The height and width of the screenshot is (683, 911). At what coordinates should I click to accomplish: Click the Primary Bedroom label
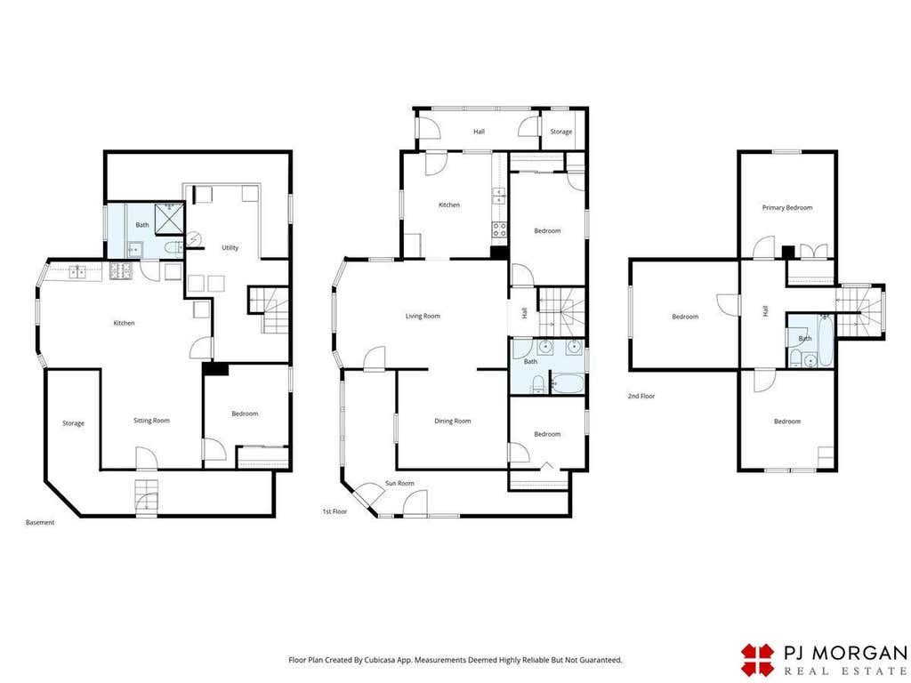[x=787, y=207]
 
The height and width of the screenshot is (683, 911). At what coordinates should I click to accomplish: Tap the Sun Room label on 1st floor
[x=399, y=483]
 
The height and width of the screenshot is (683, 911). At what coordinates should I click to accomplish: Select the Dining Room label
[x=453, y=421]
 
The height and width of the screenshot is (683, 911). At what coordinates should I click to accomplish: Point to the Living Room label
[x=423, y=316]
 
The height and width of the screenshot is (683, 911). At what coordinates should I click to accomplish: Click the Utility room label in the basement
[x=230, y=247]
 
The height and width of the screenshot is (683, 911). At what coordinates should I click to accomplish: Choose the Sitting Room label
[x=151, y=421]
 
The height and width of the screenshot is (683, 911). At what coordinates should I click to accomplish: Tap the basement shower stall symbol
[x=169, y=219]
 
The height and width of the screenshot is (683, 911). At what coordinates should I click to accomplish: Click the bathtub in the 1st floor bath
[x=567, y=384]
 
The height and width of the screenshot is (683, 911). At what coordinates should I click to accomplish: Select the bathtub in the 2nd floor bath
[x=825, y=340]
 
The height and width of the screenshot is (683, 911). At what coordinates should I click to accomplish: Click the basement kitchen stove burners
[x=120, y=270]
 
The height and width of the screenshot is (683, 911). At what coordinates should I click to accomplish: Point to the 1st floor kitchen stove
[x=499, y=230]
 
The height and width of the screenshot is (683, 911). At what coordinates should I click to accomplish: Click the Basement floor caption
[x=40, y=523]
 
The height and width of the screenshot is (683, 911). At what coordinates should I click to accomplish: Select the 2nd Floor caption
[x=641, y=396]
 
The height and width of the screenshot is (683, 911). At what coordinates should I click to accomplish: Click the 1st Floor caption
[x=335, y=511]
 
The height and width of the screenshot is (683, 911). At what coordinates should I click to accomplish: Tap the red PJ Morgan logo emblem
[x=758, y=660]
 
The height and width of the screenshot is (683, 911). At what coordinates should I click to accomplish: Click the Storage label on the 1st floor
[x=560, y=132]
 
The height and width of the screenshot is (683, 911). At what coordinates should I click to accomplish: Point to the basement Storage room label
[x=73, y=423]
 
